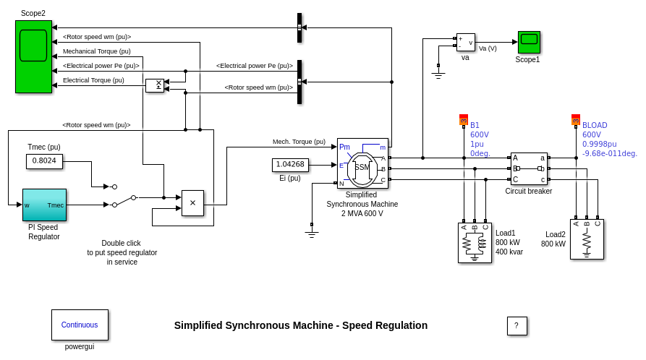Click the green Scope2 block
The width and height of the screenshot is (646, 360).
click(x=33, y=56)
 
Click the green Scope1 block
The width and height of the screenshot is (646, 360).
click(x=529, y=42)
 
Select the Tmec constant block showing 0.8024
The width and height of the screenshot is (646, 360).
click(x=44, y=160)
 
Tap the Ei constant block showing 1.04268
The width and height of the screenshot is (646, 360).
click(x=290, y=165)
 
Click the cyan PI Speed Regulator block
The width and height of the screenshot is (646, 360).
click(x=44, y=205)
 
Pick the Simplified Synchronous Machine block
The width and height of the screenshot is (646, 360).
click(x=362, y=163)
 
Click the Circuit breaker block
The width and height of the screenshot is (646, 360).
click(x=529, y=168)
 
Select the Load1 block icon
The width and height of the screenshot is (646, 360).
click(x=475, y=242)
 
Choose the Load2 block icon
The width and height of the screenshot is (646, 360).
click(x=587, y=239)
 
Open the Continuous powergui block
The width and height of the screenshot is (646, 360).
click(x=80, y=325)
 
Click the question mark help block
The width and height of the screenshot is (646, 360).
click(x=517, y=326)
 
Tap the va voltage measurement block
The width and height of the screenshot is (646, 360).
click(x=466, y=42)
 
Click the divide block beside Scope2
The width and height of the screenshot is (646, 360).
click(x=155, y=85)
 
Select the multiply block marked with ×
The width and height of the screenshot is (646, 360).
click(x=192, y=203)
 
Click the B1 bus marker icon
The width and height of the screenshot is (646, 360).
click(x=464, y=120)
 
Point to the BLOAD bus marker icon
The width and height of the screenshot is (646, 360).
click(x=576, y=120)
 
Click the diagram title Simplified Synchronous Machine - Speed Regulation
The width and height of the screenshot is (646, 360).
click(x=301, y=325)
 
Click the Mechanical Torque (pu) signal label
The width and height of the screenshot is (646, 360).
click(x=97, y=51)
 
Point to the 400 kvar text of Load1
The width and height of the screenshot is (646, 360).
click(x=509, y=252)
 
